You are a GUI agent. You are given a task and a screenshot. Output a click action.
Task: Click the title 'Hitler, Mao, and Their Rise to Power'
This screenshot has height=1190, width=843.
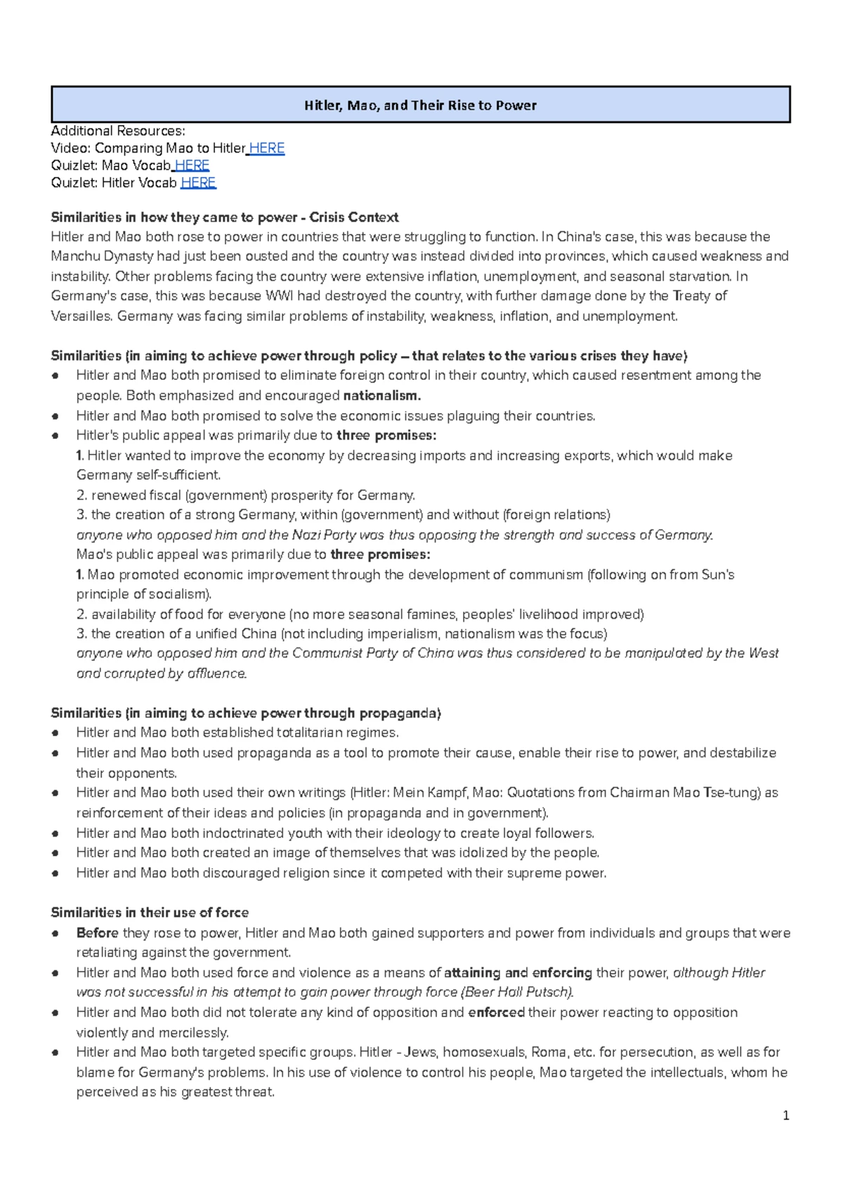420,105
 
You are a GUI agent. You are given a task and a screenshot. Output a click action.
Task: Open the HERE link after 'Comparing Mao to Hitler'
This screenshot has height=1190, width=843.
267,148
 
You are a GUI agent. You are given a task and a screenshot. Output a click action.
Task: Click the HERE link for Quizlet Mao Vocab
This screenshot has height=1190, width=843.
192,166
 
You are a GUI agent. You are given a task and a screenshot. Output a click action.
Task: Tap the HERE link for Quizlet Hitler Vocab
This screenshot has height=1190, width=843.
198,183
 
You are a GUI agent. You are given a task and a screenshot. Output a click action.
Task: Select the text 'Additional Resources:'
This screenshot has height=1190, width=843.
118,131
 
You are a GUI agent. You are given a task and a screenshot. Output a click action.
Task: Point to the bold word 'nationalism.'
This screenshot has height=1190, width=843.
381,395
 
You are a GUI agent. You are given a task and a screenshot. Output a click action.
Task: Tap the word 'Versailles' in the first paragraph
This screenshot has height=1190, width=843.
81,316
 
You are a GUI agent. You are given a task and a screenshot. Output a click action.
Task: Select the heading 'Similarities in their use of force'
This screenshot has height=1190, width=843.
150,913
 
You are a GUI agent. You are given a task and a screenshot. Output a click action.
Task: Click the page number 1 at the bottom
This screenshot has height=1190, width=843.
786,1116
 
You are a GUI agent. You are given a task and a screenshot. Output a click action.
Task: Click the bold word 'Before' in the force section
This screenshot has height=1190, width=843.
97,933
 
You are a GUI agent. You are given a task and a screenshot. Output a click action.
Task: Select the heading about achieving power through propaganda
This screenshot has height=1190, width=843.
246,713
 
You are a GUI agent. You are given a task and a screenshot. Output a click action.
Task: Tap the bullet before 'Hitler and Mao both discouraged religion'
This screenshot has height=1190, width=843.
55,873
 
